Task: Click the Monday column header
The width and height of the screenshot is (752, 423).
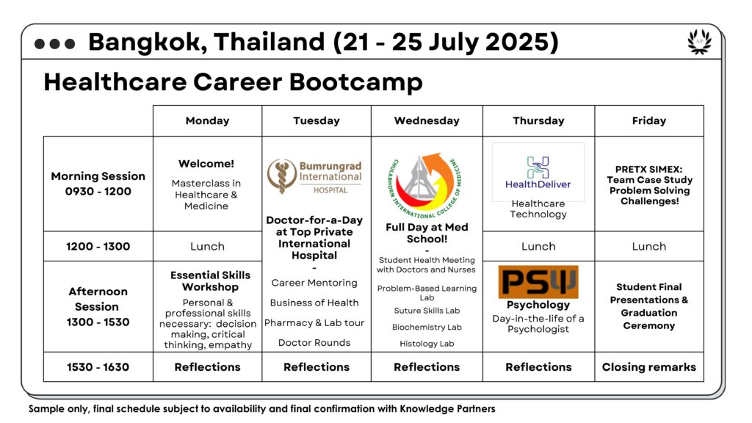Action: [207, 121]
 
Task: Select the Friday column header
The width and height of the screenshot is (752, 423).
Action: [649, 121]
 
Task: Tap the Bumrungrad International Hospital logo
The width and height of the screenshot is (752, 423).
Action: [314, 176]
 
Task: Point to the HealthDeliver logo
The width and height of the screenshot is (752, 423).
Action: [538, 172]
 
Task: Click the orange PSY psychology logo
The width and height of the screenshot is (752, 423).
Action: [538, 282]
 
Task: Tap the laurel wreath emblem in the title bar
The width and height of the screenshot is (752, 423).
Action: [699, 42]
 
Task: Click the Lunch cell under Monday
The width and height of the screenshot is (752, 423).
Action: [207, 247]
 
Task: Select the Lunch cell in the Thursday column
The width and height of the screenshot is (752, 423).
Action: [538, 247]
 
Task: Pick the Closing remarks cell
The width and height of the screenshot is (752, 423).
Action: [649, 367]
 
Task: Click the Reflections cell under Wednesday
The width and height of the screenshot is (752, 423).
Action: [427, 367]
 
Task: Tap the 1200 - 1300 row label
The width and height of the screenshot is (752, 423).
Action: [98, 247]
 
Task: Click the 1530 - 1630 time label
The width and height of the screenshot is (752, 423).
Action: [98, 367]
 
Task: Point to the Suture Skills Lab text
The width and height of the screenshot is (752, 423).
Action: [427, 311]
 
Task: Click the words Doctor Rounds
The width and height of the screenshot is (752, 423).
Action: [314, 342]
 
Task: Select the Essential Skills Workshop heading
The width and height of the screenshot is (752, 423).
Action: [210, 281]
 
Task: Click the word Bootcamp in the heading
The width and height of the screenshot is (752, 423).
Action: [356, 82]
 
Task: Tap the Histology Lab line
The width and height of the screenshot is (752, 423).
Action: [427, 344]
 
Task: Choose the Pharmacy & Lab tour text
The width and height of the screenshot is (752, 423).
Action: [314, 323]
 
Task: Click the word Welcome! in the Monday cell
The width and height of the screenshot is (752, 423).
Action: [206, 164]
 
